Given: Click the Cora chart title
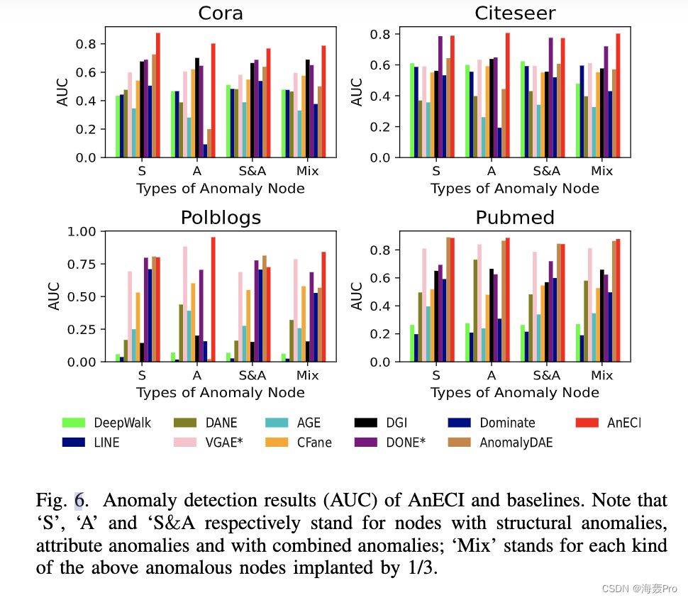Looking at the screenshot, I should click(221, 13).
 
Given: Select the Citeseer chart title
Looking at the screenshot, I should click(514, 13).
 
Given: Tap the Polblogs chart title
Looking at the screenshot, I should click(221, 217).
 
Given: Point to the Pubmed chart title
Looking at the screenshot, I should click(514, 217).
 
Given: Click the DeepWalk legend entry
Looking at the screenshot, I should click(106, 423).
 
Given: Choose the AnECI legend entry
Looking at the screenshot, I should click(610, 423).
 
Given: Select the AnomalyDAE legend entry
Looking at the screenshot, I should click(500, 443).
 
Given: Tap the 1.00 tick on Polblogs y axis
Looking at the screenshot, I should click(84, 231).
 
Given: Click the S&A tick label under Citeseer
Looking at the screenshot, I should click(546, 171).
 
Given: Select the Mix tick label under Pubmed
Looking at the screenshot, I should click(601, 375).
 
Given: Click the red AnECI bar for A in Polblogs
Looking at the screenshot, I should click(213, 299).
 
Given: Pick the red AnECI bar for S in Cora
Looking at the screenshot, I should click(158, 95).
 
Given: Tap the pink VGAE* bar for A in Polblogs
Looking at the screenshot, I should click(185, 304).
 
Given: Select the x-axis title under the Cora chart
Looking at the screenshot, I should click(221, 189).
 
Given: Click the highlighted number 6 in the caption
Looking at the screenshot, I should click(79, 501).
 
